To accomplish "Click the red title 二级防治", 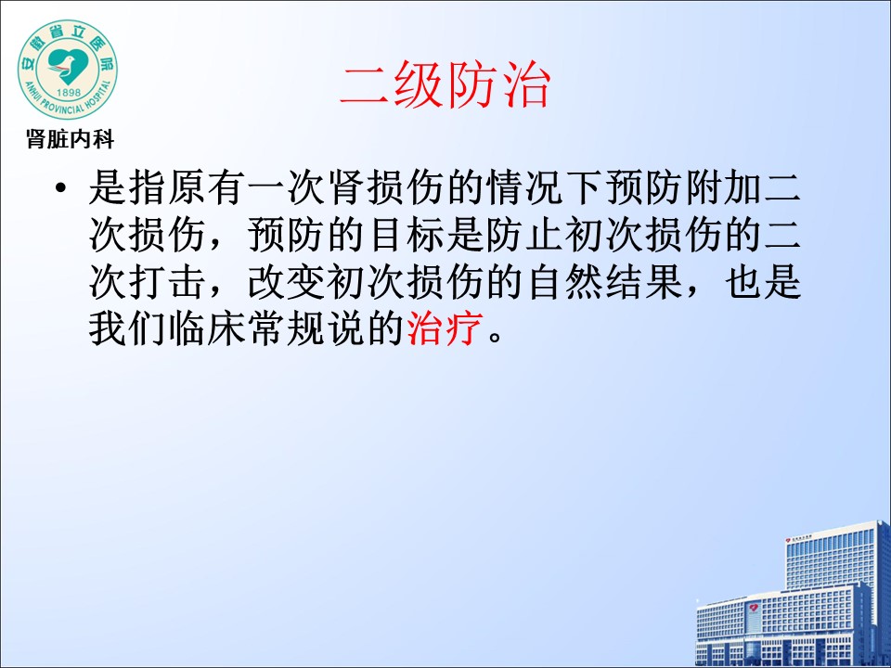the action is coord(445,85).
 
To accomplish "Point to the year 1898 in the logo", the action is coord(68,92).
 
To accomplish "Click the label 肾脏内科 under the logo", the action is coord(70,139).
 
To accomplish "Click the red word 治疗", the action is coord(445,328).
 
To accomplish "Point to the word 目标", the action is coord(406,234).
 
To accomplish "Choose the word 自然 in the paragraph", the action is coord(564,281).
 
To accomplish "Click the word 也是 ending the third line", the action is coord(763,281).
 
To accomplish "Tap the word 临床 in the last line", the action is coord(207,328).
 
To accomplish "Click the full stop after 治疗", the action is coord(495,336).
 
